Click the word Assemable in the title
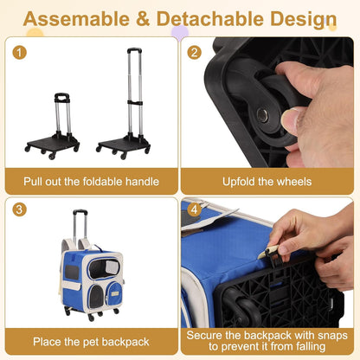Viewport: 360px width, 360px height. tap(76, 19)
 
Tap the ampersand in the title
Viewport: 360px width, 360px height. tap(143, 19)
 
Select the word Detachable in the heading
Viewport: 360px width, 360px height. tap(210, 19)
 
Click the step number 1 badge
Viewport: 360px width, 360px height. tap(19, 53)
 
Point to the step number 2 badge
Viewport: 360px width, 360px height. tap(194, 53)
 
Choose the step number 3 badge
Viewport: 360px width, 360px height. tap(19, 209)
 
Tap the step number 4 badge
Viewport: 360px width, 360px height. tap(194, 209)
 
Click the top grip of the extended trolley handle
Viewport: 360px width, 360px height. tap(134, 50)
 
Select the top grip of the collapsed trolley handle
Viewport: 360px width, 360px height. tap(62, 98)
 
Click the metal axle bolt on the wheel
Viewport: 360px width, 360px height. tap(262, 115)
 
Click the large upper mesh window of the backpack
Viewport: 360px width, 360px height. tap(104, 269)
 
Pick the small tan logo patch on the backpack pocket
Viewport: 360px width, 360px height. tap(116, 293)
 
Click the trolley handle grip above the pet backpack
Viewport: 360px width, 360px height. tap(80, 212)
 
